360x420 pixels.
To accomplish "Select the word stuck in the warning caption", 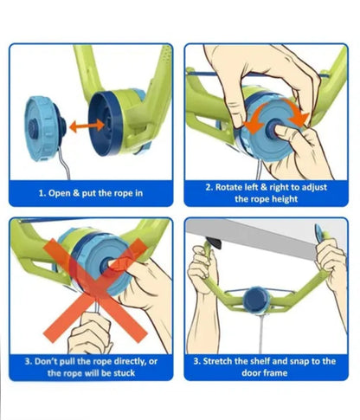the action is tap(124, 373).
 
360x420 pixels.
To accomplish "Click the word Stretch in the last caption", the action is tap(216, 361).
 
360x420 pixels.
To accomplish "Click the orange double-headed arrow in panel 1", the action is tap(87, 126).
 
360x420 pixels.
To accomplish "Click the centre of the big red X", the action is tap(95, 290).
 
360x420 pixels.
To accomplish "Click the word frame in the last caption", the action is tap(274, 373).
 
